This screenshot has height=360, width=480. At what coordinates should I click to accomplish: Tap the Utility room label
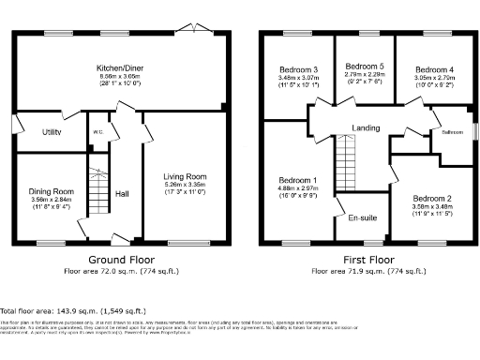tap(52, 133)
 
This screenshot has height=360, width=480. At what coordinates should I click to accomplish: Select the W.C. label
tap(97, 131)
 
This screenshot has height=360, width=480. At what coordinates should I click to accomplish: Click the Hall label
tap(122, 194)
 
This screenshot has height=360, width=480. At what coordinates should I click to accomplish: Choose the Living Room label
tap(185, 176)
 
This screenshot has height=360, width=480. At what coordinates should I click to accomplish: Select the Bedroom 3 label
tap(297, 70)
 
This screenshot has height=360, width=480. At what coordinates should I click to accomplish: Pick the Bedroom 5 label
tap(364, 67)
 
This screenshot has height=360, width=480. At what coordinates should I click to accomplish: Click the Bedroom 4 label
tap(434, 70)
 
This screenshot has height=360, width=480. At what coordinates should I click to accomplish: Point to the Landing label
tap(365, 128)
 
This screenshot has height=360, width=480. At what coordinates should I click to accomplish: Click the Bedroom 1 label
tap(297, 180)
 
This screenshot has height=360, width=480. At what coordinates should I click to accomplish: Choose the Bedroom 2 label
tap(434, 199)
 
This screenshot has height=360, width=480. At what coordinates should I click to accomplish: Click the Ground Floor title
tap(122, 258)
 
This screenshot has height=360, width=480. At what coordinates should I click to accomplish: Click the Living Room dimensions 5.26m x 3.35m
tap(185, 185)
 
